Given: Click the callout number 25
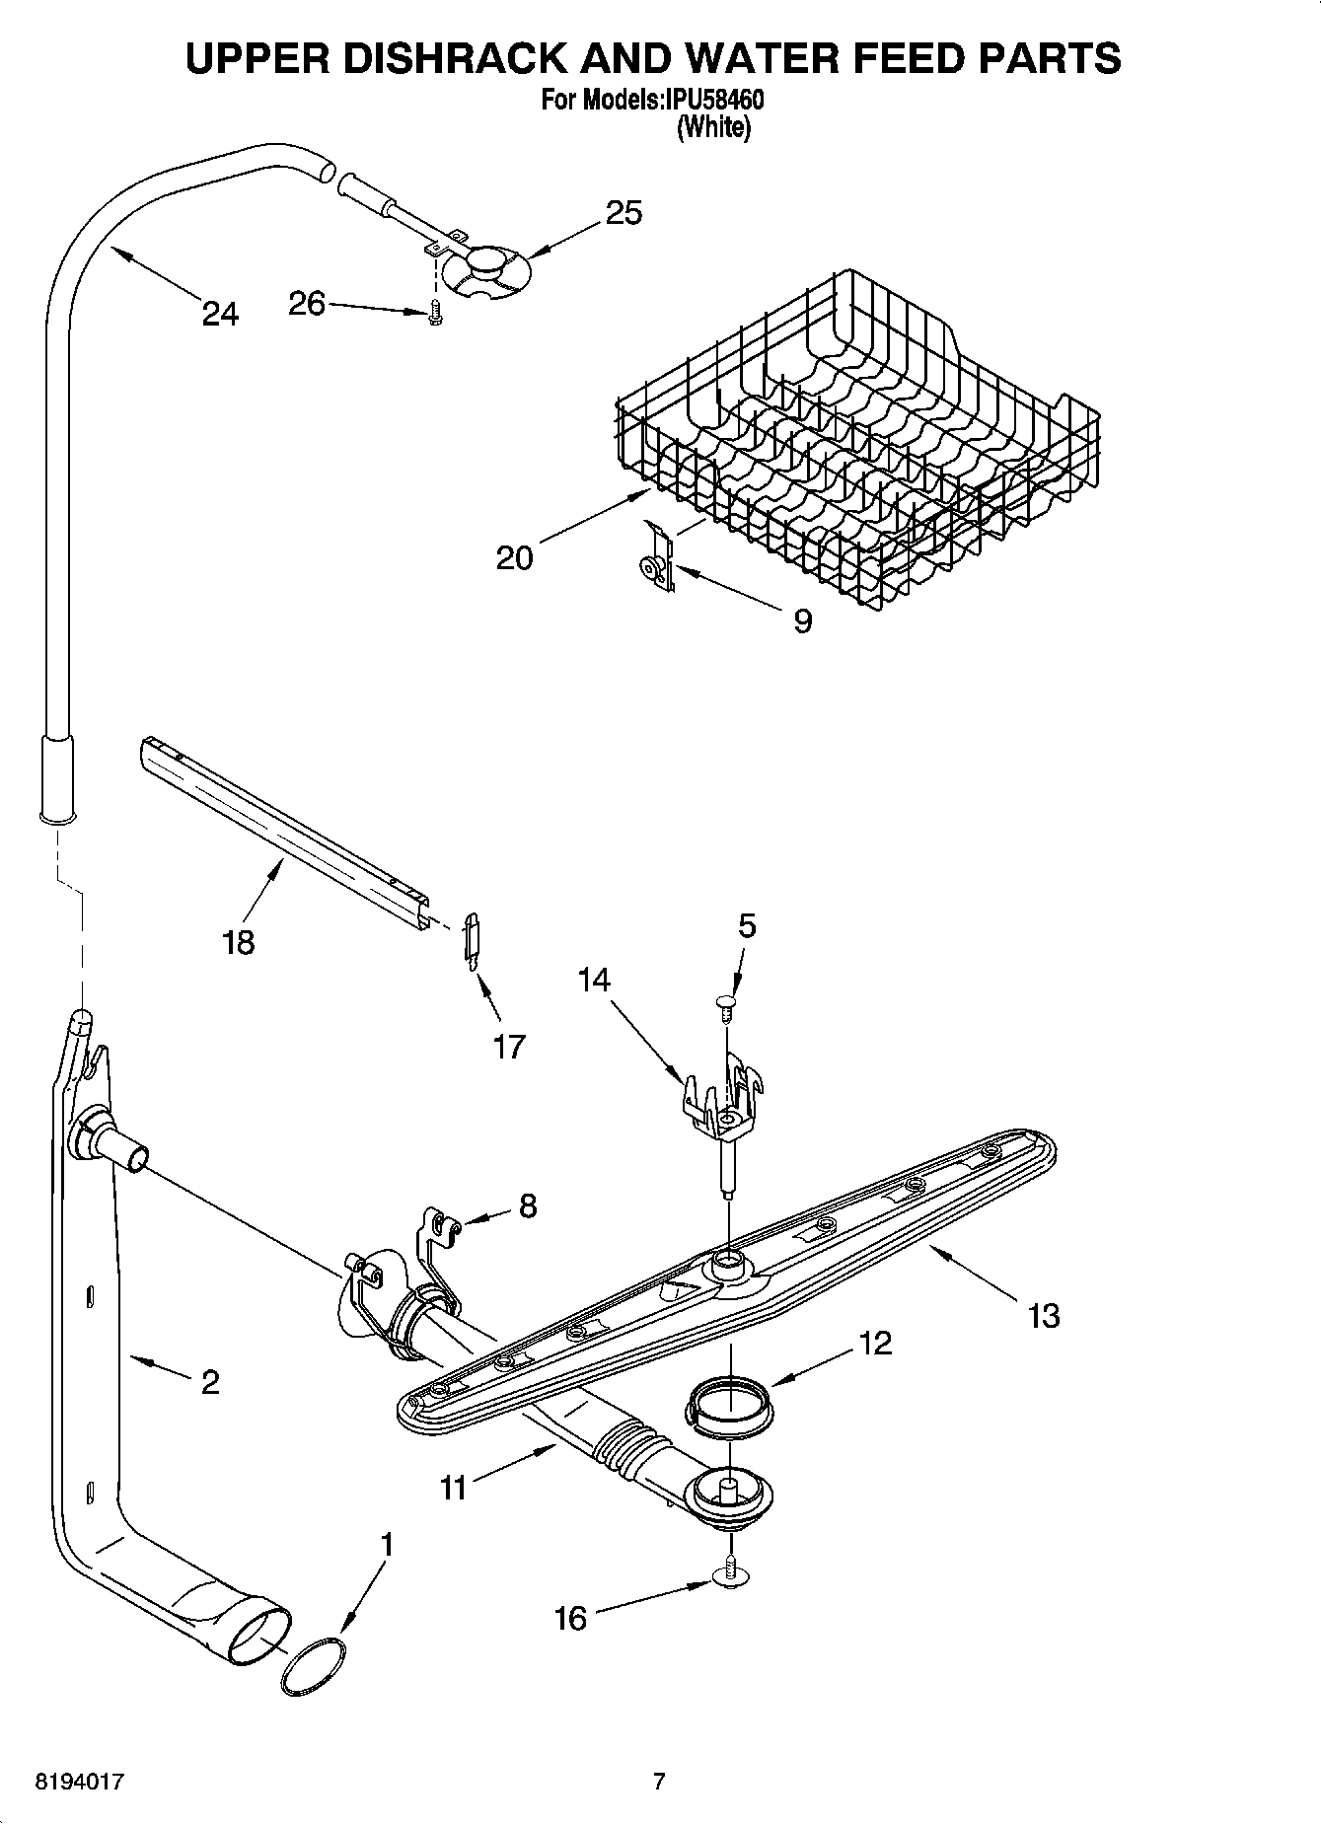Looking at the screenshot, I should pyautogui.click(x=624, y=212).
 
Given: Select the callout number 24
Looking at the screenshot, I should pyautogui.click(x=220, y=314).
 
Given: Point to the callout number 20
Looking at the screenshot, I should pyautogui.click(x=514, y=558).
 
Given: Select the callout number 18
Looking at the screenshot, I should pyautogui.click(x=239, y=941).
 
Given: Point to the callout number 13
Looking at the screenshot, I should pyautogui.click(x=1043, y=1315).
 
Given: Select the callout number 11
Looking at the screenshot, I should pyautogui.click(x=453, y=1487).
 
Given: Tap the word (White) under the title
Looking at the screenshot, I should pyautogui.click(x=713, y=127).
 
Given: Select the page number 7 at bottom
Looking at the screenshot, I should pyautogui.click(x=659, y=1782).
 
